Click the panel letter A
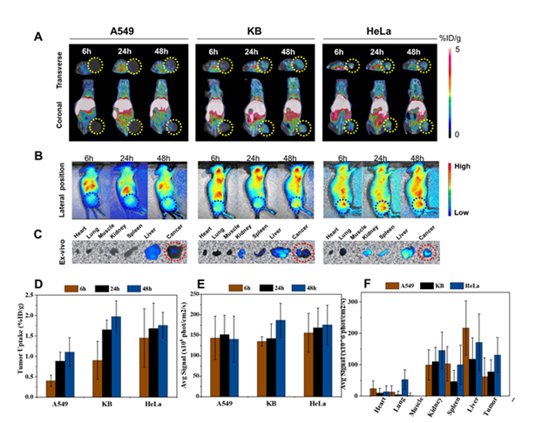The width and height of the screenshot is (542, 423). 37,37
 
